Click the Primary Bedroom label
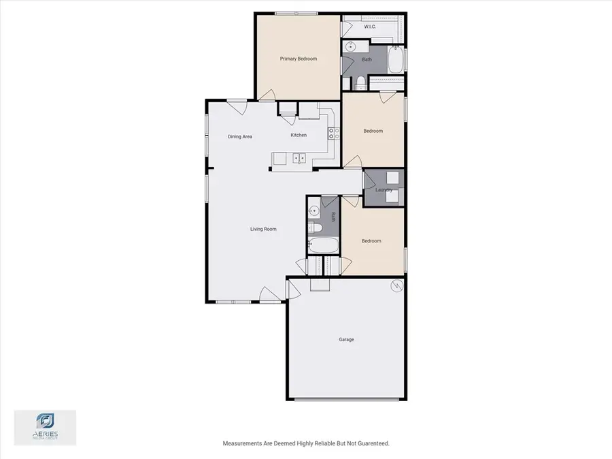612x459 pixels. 299,59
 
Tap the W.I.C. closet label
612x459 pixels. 371,27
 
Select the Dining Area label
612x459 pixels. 240,137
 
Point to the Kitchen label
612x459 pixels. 299,135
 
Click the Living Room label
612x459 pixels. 263,229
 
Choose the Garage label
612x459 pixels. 346,339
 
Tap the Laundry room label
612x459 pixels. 384,190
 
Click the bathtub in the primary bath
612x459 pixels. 395,61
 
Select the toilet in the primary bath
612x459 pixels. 360,83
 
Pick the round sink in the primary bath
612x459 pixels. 351,47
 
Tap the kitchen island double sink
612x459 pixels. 299,159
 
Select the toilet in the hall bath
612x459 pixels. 313,227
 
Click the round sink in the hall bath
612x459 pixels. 313,210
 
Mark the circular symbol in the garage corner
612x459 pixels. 395,287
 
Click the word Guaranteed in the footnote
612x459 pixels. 371,444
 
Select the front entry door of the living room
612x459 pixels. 270,294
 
